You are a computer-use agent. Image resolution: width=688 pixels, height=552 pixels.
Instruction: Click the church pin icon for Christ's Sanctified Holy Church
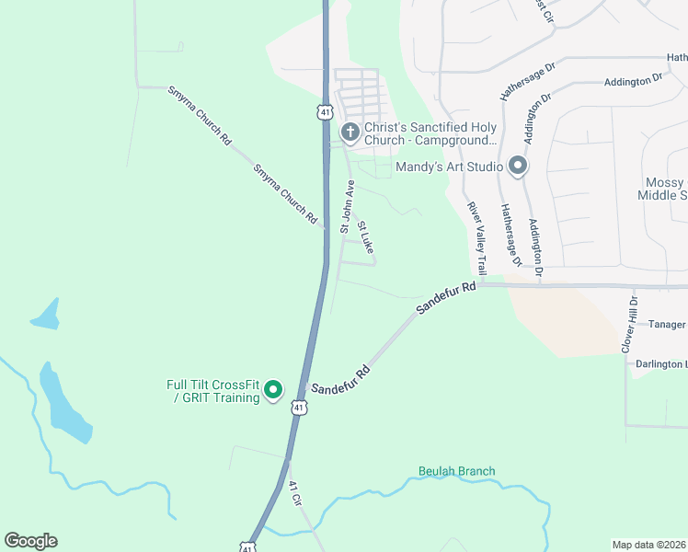[x=350, y=133]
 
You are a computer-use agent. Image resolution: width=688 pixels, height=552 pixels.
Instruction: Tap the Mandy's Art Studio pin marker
[x=517, y=167]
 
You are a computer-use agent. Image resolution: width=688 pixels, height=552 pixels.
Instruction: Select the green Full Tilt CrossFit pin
[x=272, y=391]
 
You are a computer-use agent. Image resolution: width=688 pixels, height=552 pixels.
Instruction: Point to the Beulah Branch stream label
[x=456, y=471]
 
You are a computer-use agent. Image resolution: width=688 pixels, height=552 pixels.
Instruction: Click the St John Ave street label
[x=347, y=206]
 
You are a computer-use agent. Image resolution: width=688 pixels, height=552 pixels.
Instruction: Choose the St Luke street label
[x=366, y=237]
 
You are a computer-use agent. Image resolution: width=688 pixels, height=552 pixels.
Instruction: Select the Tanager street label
[x=667, y=325]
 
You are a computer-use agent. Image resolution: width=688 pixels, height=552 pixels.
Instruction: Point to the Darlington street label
[x=660, y=364]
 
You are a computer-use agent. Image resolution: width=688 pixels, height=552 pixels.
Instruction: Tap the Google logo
[x=30, y=541]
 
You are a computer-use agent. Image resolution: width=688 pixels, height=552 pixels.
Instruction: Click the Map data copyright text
[x=649, y=545]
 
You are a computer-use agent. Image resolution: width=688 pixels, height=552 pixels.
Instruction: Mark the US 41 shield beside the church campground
[x=326, y=111]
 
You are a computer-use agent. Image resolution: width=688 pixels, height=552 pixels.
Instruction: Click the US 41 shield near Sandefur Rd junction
[x=299, y=406]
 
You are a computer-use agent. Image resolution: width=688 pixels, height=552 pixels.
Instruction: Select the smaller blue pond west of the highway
[x=46, y=315]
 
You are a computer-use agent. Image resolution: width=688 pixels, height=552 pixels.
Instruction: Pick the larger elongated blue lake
[x=64, y=405]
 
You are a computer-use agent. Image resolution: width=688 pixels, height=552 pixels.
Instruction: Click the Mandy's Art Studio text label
[x=449, y=167]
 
